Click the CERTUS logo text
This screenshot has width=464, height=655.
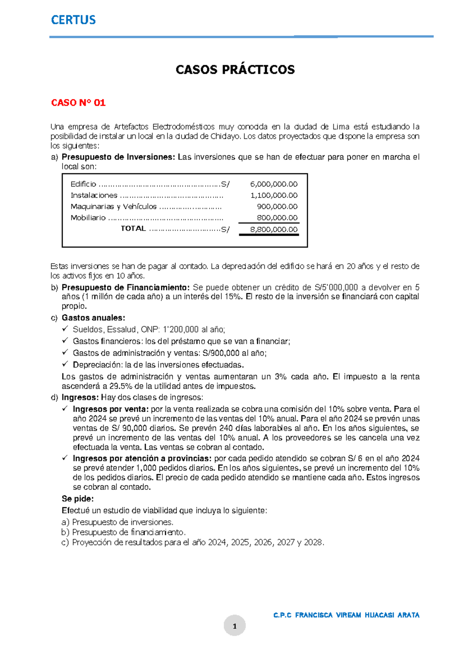[x=73, y=20]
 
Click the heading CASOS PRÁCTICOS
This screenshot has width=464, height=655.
[x=235, y=70]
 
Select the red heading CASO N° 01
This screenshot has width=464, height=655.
[x=78, y=103]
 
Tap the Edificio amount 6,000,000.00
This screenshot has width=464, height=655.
[x=274, y=184]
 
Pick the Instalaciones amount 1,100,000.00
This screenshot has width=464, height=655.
[x=274, y=195]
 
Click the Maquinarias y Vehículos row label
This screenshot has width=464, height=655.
[x=113, y=207]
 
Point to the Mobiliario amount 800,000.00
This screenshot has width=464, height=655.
[x=277, y=218]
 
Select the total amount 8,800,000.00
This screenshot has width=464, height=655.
[x=274, y=229]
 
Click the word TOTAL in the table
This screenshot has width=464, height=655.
[x=133, y=229]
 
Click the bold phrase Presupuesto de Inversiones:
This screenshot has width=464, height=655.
[x=118, y=157]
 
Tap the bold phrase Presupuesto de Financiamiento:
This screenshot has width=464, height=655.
[x=126, y=288]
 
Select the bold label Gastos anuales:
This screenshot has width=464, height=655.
[x=93, y=318]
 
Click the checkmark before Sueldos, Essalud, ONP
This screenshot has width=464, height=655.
[x=65, y=329]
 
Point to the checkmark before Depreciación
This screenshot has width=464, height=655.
[x=65, y=364]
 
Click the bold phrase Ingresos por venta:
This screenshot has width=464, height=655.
[x=111, y=409]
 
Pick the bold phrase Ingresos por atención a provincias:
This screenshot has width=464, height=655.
[x=142, y=459]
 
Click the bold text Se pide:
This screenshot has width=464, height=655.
[x=78, y=499]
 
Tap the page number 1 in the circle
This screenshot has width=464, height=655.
[x=234, y=626]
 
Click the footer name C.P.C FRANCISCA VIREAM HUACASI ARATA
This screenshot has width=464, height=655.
[x=346, y=615]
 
